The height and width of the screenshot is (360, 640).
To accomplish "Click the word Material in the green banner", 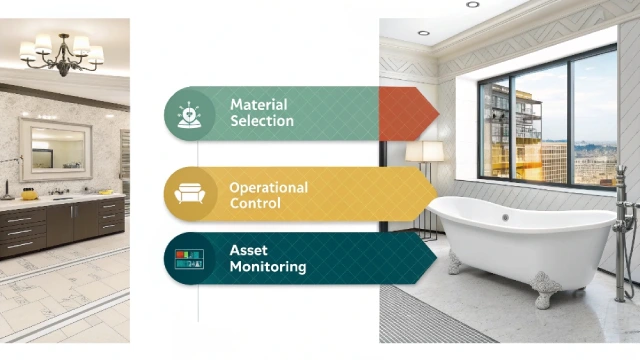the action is pyautogui.click(x=257, y=104).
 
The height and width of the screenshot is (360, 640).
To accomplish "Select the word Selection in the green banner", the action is pyautogui.click(x=262, y=121).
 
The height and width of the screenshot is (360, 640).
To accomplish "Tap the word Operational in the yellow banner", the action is pyautogui.click(x=268, y=187).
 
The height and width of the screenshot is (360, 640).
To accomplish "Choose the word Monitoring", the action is pyautogui.click(x=268, y=267).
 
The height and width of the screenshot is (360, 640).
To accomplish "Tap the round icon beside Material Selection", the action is pyautogui.click(x=189, y=113).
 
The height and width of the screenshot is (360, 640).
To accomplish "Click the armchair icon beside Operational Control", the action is pyautogui.click(x=189, y=194).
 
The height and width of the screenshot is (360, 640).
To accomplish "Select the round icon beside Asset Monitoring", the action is pyautogui.click(x=189, y=259).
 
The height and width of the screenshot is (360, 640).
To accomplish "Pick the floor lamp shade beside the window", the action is pyautogui.click(x=425, y=151).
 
